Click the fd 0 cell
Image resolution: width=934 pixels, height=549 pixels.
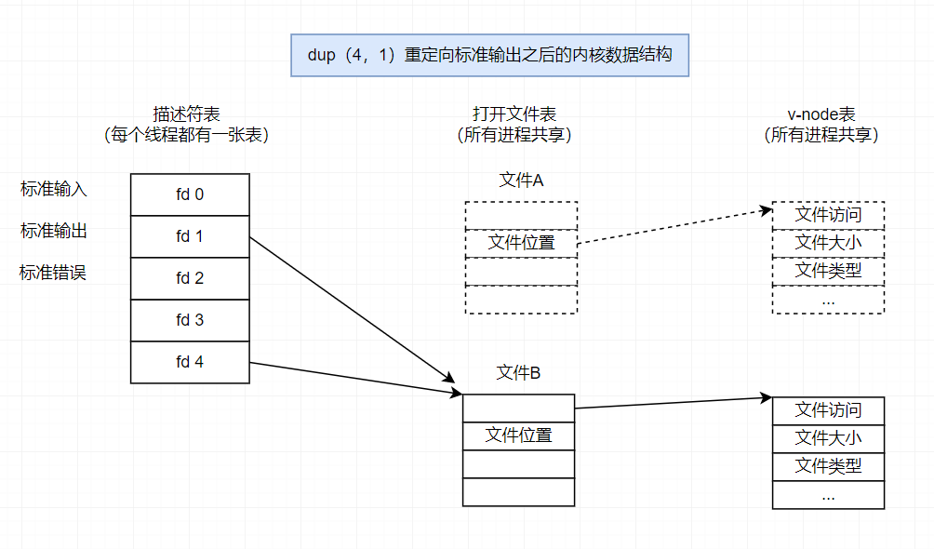190,194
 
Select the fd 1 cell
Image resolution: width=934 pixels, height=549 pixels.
190,236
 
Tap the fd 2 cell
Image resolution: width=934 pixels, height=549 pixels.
190,278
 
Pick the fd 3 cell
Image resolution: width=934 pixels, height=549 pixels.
190,320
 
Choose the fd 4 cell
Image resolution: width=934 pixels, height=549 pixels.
190,362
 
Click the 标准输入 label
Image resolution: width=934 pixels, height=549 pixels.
54,189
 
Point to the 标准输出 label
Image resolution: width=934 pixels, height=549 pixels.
54,231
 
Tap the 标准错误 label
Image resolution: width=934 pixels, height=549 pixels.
54,273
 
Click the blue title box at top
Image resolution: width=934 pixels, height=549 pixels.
489,55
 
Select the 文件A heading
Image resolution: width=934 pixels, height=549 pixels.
521,181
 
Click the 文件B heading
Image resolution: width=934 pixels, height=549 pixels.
519,373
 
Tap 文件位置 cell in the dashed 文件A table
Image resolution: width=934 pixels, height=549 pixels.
521,244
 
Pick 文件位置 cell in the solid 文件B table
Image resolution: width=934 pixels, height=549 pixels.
518,435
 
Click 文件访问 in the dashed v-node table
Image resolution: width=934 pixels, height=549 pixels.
828,215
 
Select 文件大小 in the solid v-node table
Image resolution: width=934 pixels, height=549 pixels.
828,438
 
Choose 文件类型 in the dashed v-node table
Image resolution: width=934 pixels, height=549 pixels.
828,271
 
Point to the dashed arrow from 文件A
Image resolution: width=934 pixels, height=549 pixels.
674,227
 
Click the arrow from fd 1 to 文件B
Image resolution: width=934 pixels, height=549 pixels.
354,309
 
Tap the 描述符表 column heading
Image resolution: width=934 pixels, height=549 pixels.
190,114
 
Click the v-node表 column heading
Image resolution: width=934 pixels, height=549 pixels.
821,114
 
